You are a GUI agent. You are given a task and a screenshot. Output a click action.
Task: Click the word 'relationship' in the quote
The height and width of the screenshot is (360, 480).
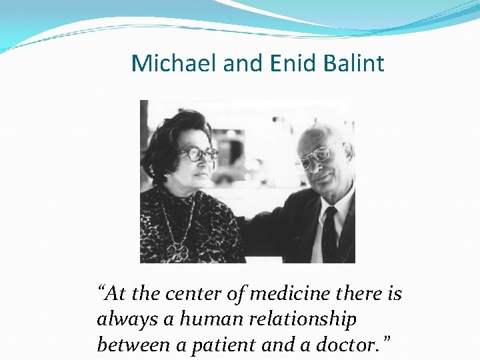coord(304,320)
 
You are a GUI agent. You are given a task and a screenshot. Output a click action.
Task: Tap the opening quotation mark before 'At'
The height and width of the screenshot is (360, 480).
coord(102,291)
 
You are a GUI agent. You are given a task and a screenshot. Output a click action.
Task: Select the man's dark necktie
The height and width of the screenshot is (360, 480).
coord(329,237)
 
